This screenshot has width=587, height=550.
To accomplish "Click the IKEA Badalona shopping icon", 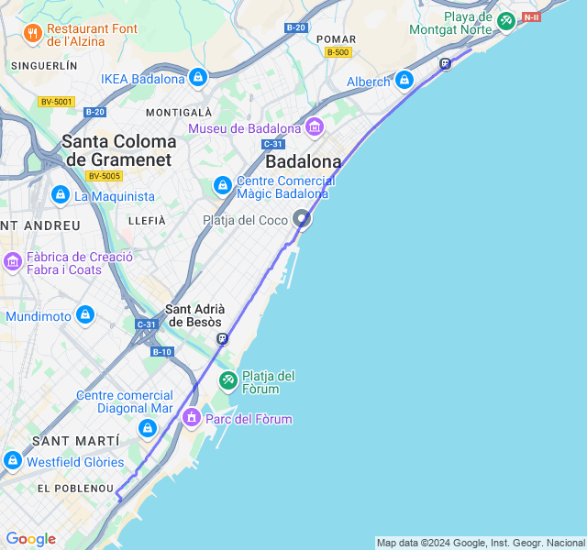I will [198, 78].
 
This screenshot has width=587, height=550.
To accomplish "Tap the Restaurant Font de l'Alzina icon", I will [33, 35].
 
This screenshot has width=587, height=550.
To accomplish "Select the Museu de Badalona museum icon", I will [315, 127].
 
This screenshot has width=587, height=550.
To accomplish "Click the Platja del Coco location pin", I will [302, 219].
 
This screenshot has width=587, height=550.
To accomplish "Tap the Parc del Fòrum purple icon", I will [192, 419].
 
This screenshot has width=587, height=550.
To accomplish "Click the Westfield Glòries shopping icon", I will [13, 461].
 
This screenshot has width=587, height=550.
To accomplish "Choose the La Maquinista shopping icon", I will [61, 195].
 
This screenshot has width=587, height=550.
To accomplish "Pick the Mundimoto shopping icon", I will [85, 316].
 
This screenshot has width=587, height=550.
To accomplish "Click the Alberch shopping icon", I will [404, 82].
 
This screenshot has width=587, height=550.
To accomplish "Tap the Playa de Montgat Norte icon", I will [506, 20].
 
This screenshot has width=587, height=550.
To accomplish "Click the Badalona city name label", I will [303, 161].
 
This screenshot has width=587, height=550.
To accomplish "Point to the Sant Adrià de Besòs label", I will [194, 315].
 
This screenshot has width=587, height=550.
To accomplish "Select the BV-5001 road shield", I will [56, 102].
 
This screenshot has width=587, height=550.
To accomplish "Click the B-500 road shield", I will [338, 52].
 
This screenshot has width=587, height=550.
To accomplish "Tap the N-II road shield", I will [531, 17].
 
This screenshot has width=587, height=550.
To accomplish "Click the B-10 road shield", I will [161, 352].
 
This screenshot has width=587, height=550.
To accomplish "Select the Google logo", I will [30, 539].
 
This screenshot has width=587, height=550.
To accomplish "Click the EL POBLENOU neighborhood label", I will [75, 489].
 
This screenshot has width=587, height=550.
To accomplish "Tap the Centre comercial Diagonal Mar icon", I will [148, 428].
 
